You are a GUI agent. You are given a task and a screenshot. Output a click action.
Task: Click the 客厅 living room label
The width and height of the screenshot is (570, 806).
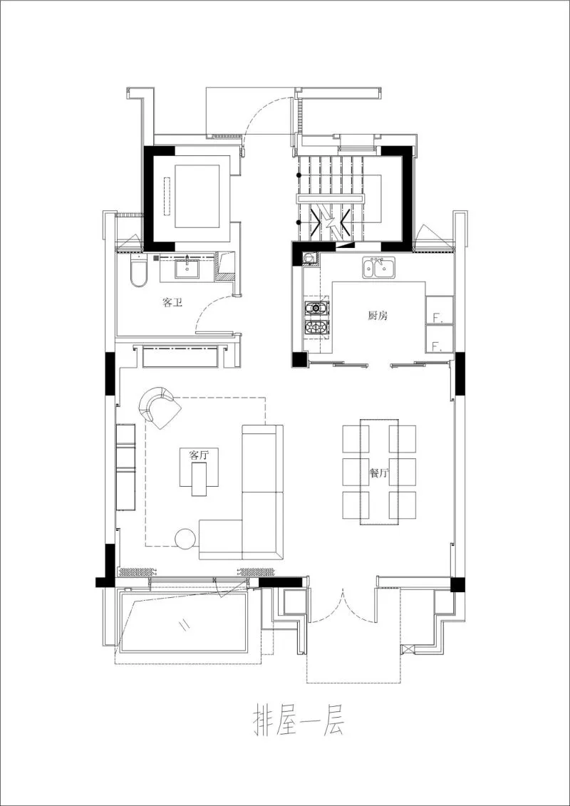tap(199, 455)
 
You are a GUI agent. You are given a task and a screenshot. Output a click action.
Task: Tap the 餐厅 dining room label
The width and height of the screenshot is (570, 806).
tap(378, 472)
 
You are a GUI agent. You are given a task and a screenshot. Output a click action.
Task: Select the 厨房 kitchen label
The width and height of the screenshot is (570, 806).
tap(377, 316)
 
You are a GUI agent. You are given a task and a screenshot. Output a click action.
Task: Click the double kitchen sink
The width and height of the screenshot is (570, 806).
tap(379, 268)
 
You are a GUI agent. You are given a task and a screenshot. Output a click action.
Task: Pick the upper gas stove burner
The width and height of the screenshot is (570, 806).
tap(316, 309)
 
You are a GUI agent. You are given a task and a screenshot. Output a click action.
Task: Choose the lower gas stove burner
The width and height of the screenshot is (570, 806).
tap(316, 329)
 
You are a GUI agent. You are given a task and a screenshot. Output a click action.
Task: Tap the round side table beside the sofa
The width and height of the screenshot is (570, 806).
tap(185, 539)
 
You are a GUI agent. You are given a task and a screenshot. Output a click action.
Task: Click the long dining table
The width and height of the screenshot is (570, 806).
tap(379, 472)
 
